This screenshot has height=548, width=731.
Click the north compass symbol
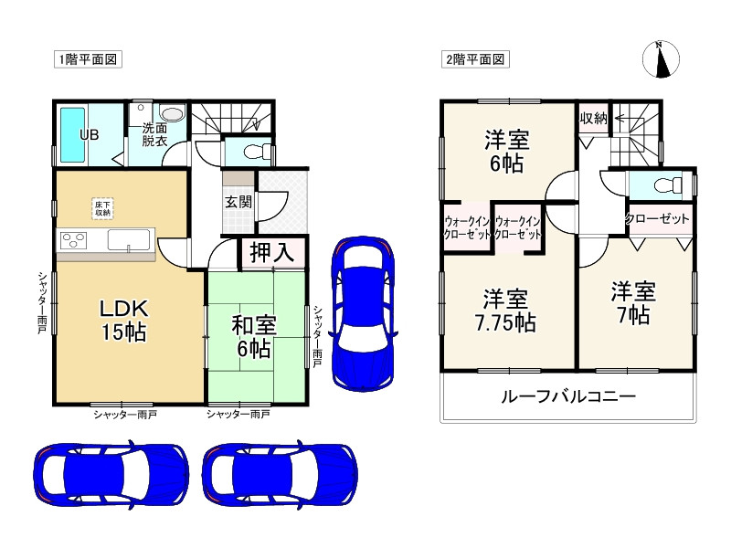click(662, 60)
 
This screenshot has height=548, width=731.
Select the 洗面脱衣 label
click(154, 135)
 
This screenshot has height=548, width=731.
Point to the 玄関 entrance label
click(239, 202)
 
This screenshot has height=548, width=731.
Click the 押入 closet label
click(272, 253)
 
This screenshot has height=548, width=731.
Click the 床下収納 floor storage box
click(102, 207)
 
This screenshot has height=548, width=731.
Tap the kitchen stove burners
click(73, 241)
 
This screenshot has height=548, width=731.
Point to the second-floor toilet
click(662, 185)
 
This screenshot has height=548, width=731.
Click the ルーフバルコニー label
click(567, 397)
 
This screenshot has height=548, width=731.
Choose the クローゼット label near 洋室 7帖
click(657, 219)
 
